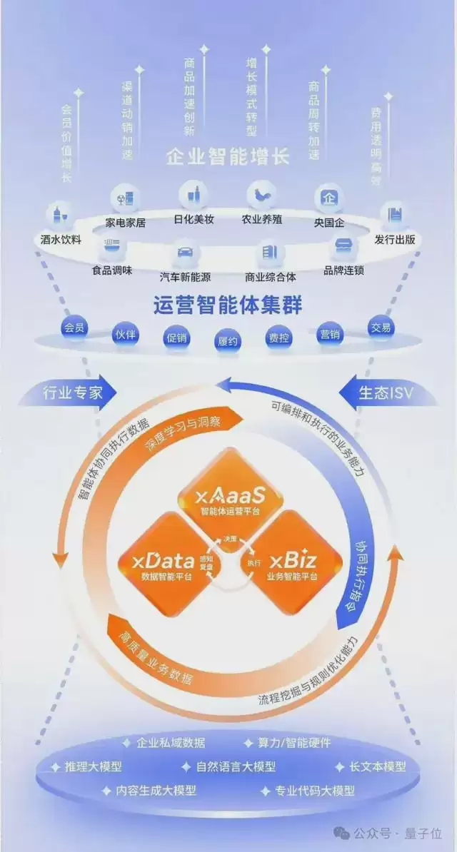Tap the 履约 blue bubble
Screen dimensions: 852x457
tap(228, 340)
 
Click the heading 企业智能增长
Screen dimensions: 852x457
tap(228, 156)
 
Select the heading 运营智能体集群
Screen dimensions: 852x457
tap(228, 305)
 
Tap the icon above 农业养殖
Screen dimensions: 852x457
tap(261, 195)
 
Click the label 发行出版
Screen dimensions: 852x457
tap(395, 240)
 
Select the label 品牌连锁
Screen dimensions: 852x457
tap(344, 270)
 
